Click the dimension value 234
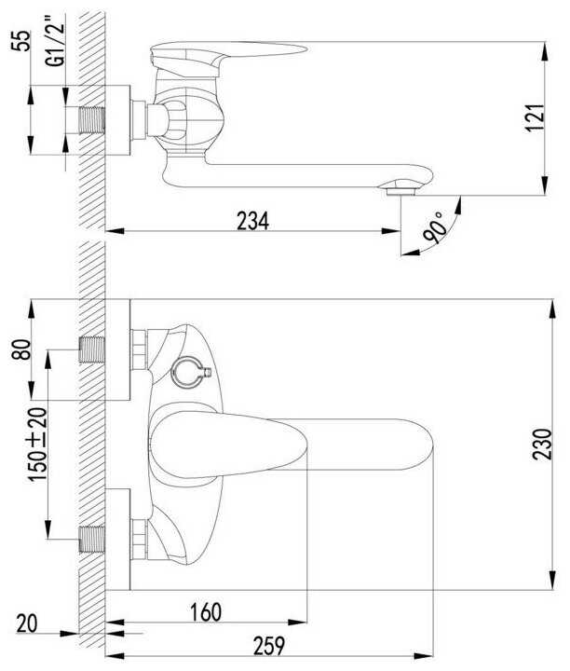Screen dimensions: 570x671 coord(253,221)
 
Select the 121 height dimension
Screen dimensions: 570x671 coord(536,117)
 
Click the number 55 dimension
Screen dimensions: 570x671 coord(21,41)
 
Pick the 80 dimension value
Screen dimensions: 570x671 coord(21,349)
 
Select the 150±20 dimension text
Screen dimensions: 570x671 coord(37,445)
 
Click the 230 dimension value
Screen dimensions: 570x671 coord(542,445)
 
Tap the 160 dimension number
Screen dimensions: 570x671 coord(206,612)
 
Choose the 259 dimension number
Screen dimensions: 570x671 coord(269,646)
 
